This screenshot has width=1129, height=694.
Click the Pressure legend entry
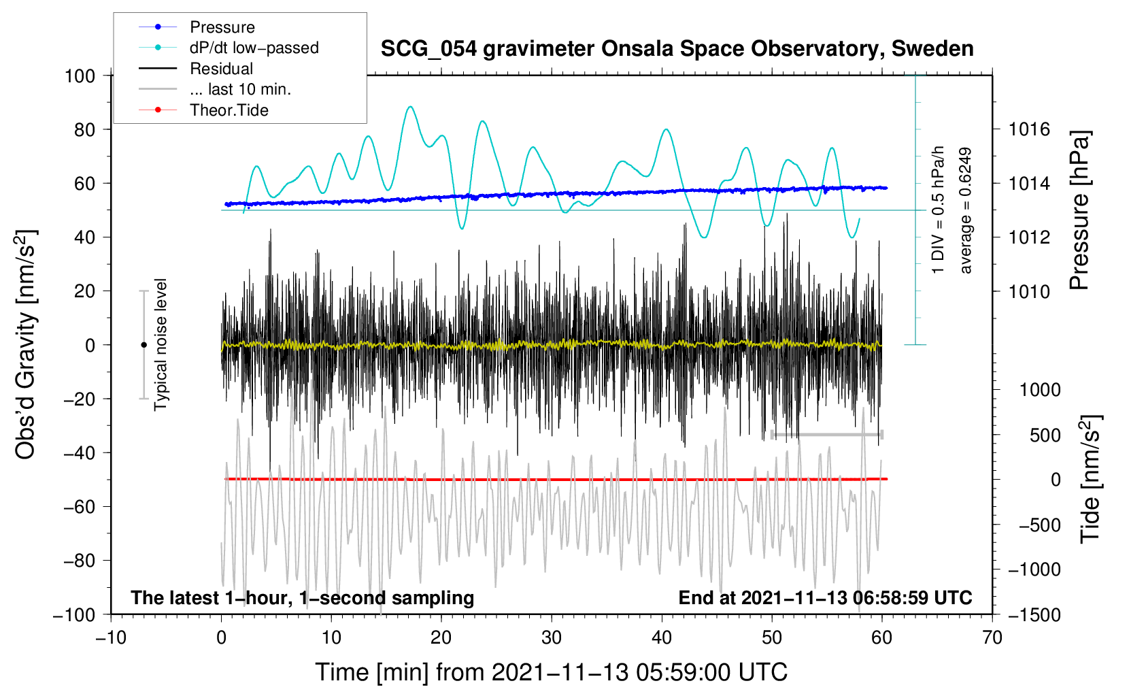[x=222, y=27]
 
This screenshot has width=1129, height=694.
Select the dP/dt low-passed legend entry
[x=254, y=48]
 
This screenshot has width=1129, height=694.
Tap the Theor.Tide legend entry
[x=229, y=110]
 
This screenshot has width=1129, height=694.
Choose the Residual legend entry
[x=221, y=69]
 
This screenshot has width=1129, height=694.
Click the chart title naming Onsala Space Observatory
[x=677, y=49]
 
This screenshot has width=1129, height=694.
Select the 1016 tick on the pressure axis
[x=1029, y=129]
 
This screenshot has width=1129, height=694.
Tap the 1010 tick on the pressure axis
[x=1029, y=291]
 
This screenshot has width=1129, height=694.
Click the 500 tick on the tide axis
[x=1045, y=435]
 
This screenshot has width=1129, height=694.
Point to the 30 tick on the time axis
[x=552, y=638]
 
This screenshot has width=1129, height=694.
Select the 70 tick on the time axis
[x=992, y=638]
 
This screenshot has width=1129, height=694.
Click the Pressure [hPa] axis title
[x=1079, y=211]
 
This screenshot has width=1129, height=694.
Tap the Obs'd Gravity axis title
[x=26, y=345]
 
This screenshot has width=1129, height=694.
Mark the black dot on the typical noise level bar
[x=144, y=345]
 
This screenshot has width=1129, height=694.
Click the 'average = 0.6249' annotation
[x=966, y=211]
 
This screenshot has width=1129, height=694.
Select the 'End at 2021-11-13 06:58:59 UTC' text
[x=825, y=598]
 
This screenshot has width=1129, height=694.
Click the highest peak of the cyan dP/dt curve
[x=409, y=107]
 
